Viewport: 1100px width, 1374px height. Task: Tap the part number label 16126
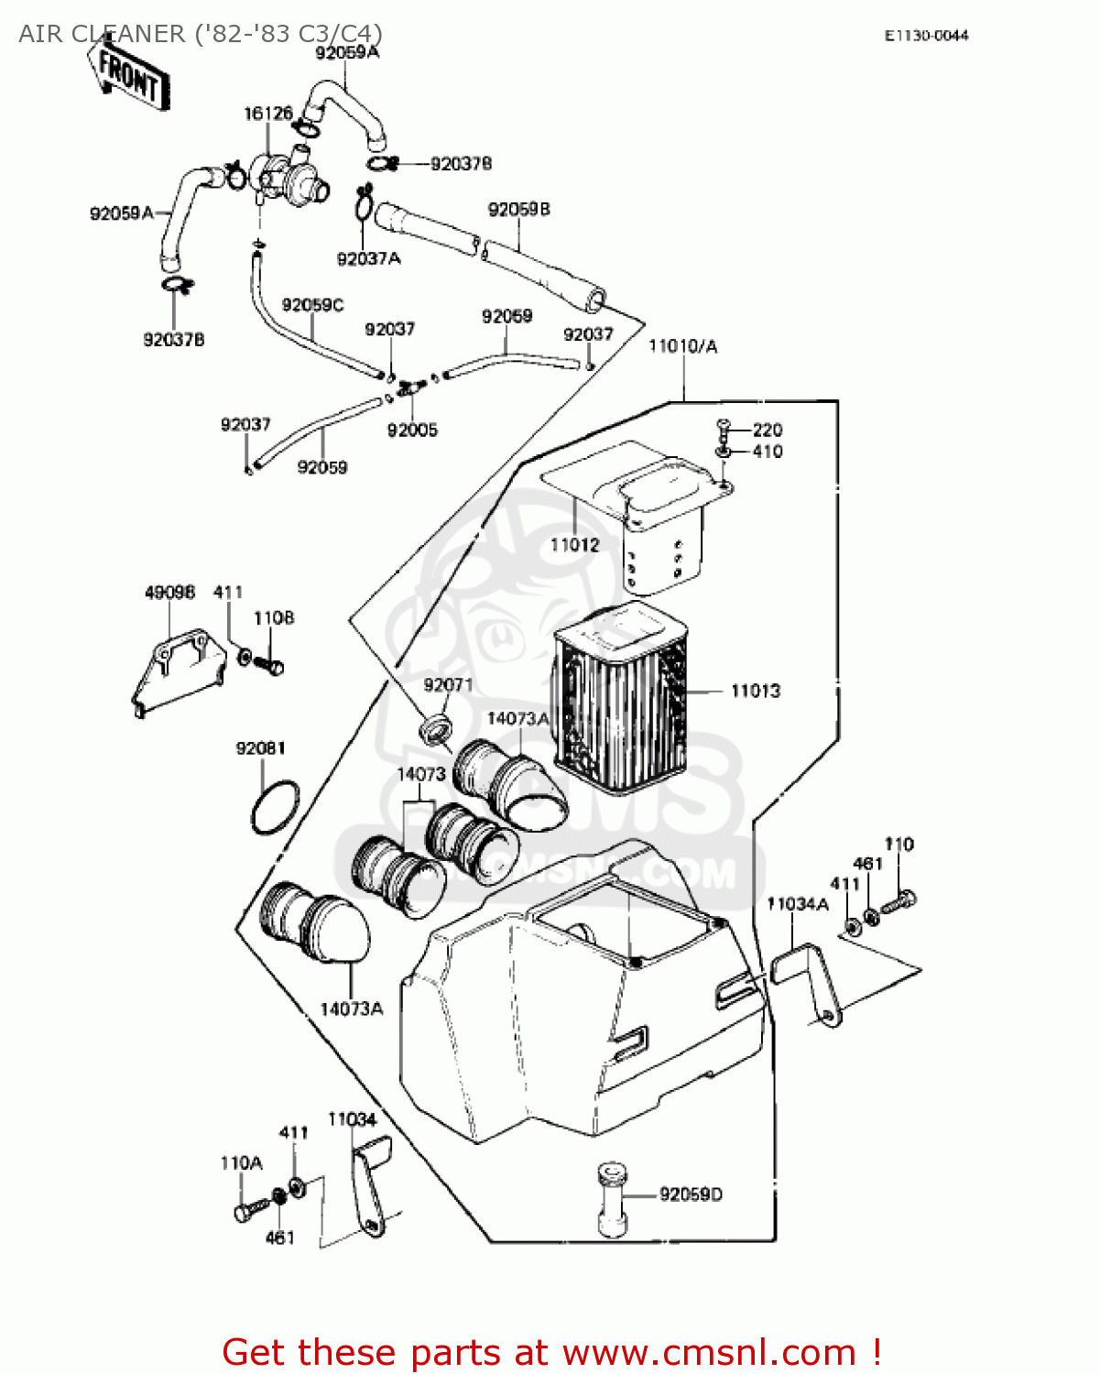point(267,114)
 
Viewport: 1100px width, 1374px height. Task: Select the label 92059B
point(518,210)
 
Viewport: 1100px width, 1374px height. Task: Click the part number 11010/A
point(682,346)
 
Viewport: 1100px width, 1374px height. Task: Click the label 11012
point(574,545)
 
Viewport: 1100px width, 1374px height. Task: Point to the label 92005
point(412,431)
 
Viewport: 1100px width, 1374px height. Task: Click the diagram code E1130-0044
point(926,36)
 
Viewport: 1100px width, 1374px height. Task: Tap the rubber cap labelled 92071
point(436,728)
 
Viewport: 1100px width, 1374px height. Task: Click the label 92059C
point(312,305)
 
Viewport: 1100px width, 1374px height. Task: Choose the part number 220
point(768,430)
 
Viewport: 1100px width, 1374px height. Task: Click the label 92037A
point(368,259)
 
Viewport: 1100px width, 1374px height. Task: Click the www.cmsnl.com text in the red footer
point(709,1352)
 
